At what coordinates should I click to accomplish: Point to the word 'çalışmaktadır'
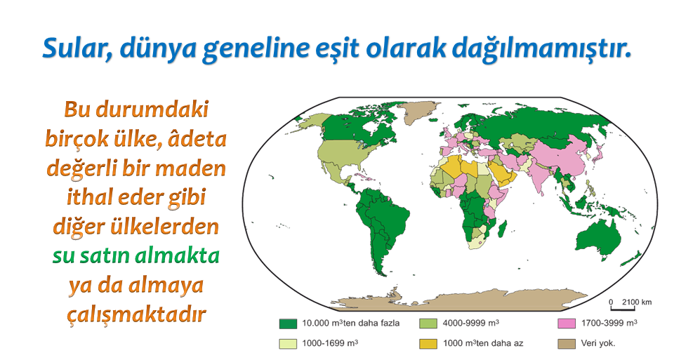coord(136,315)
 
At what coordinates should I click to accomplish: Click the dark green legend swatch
coord(288,324)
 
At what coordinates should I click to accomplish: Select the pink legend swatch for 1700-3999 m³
coord(567,324)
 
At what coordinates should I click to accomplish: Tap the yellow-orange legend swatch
coord(428,344)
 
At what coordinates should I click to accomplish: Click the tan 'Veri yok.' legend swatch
coord(567,344)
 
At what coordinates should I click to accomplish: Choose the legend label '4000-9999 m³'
coord(471,323)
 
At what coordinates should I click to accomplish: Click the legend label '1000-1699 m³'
coord(330,343)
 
